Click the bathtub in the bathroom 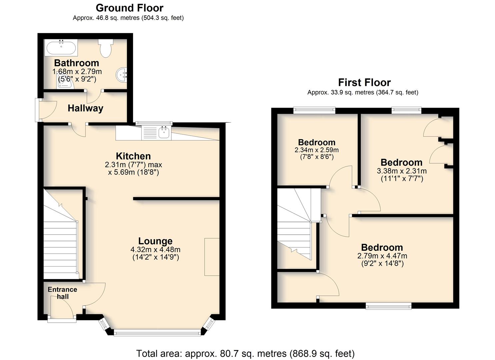61,48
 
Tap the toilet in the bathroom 106,48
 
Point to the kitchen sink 164,132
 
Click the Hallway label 86,108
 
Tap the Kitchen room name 133,156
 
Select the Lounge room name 155,241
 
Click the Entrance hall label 63,293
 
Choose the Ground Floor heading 129,8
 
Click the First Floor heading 364,83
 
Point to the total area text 245,353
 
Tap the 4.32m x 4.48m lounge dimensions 155,250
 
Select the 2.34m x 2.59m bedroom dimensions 316,150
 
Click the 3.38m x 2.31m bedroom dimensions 402,171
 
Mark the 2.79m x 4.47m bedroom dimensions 382,256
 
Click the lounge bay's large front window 157,332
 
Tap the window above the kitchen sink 154,123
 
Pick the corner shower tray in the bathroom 65,81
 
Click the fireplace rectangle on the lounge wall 212,257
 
